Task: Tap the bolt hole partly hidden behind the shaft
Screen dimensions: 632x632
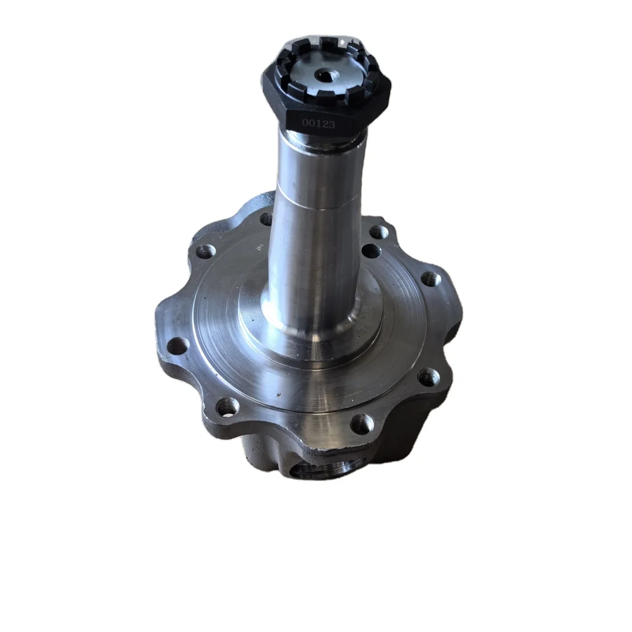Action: tap(266, 219)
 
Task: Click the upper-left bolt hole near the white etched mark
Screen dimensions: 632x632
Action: tap(205, 252)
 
